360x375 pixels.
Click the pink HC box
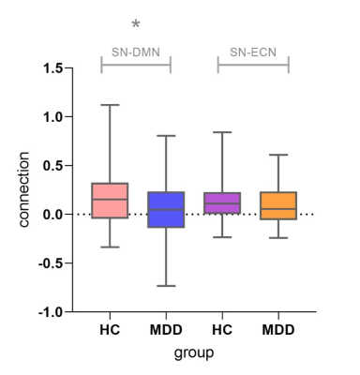click(x=110, y=201)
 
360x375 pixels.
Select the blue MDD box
click(x=166, y=209)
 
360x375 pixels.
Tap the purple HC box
click(x=222, y=202)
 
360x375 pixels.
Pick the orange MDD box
click(x=278, y=205)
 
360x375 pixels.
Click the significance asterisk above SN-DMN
click(x=136, y=24)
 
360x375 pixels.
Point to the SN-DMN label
click(x=136, y=52)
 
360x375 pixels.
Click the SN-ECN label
click(x=253, y=52)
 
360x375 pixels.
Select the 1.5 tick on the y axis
click(x=53, y=68)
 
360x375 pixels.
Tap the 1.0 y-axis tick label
click(x=53, y=117)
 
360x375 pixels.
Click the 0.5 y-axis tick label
click(x=53, y=166)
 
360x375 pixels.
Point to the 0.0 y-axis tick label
click(x=53, y=215)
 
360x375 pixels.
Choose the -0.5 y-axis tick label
click(x=51, y=263)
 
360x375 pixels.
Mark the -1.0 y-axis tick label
click(x=51, y=312)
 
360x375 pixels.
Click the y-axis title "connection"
click(x=23, y=189)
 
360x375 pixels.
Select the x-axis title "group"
click(x=194, y=353)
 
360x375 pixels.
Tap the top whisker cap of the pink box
click(x=110, y=105)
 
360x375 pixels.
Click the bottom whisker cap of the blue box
click(x=166, y=286)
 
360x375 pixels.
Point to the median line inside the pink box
click(x=110, y=199)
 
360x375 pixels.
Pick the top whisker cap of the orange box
click(x=278, y=155)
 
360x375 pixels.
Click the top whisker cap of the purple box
click(x=222, y=132)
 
